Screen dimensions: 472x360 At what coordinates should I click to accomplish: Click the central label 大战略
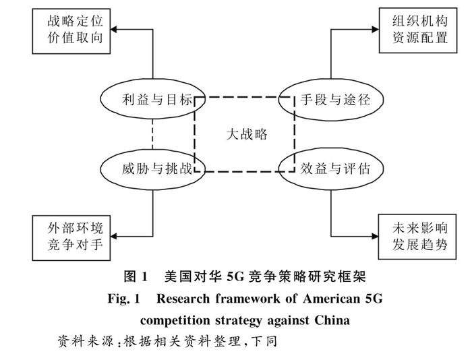(x=247, y=134)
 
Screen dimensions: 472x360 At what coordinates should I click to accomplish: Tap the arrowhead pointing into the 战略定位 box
(x=114, y=30)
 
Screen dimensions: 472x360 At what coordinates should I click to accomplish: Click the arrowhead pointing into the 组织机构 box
(x=376, y=29)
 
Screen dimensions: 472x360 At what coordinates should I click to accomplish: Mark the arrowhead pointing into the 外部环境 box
(x=114, y=236)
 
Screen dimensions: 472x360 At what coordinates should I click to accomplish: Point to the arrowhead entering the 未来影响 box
(x=375, y=236)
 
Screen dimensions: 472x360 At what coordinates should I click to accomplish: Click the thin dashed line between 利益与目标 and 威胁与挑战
(x=152, y=133)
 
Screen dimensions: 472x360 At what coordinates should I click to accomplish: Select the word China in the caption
(x=332, y=320)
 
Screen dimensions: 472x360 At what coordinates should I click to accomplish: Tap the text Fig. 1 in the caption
(x=124, y=299)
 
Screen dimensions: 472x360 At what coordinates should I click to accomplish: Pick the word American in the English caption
(x=332, y=299)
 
